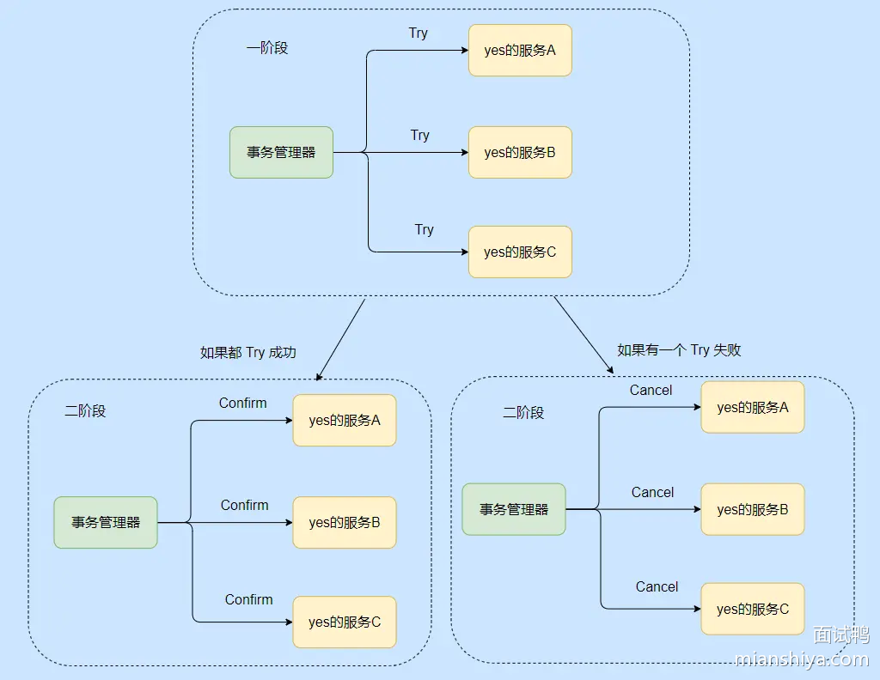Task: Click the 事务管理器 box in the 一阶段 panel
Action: [281, 153]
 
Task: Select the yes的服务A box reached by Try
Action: [520, 51]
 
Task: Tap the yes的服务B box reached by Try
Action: [520, 153]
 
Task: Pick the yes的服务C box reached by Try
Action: [520, 252]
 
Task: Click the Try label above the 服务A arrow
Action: [418, 33]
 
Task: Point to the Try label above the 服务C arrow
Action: [425, 230]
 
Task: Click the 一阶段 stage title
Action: [267, 48]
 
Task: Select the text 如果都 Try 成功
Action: [248, 352]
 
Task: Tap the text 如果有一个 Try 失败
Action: [679, 349]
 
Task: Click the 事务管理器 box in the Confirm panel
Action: [106, 522]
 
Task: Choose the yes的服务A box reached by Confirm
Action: [345, 421]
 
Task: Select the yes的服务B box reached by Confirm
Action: [345, 522]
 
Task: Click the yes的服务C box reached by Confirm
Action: [345, 622]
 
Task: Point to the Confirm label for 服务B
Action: [244, 506]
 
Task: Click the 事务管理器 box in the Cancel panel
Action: [514, 509]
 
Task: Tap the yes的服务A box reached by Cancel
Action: [753, 408]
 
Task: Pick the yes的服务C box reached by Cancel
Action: [753, 609]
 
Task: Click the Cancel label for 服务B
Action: [652, 493]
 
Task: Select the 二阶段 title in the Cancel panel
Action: [523, 412]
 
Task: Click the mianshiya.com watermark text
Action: [803, 659]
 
